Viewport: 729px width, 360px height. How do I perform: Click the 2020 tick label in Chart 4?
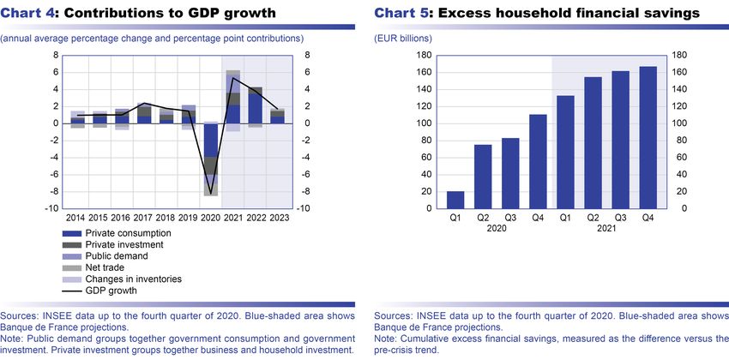[x=210, y=219]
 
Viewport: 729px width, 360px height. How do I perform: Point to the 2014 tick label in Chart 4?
[x=76, y=219]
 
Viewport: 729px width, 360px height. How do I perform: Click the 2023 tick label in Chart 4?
[x=277, y=219]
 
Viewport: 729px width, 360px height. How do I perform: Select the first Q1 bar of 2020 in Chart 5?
[x=455, y=200]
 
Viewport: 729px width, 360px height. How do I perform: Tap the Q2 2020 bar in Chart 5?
[x=483, y=177]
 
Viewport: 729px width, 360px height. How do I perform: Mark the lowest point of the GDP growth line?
[x=210, y=195]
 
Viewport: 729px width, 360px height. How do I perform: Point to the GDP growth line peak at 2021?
[x=232, y=78]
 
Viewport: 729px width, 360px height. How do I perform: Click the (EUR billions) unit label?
[x=403, y=39]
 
